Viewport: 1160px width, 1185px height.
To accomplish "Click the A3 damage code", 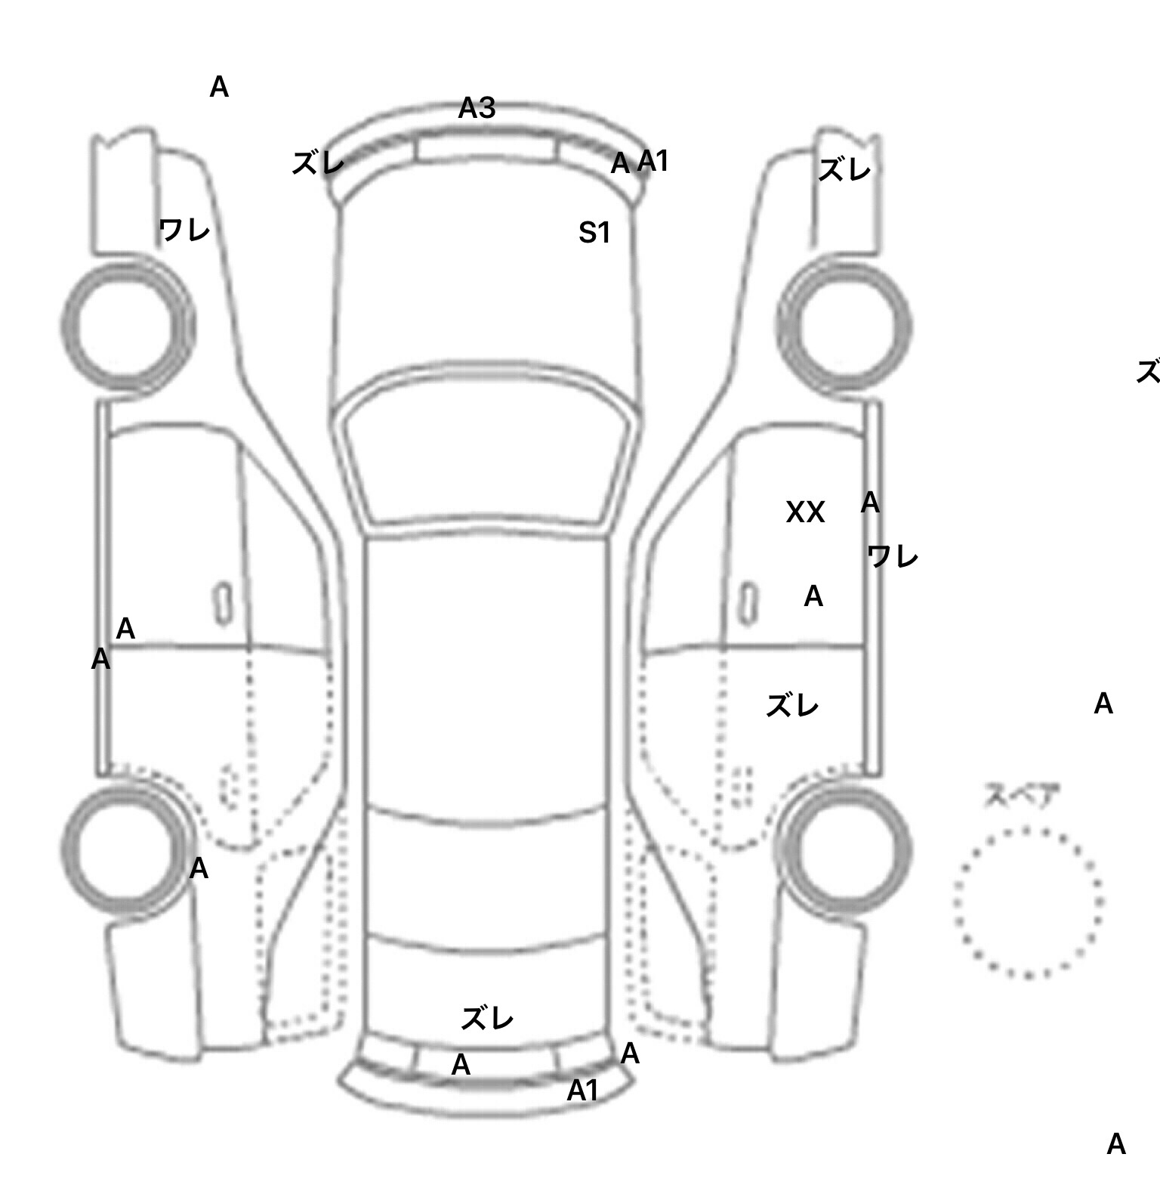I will (x=477, y=109).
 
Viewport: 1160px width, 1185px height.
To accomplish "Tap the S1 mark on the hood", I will (x=594, y=233).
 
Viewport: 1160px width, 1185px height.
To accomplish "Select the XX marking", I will (x=805, y=513).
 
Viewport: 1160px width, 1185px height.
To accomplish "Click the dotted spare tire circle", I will (x=1028, y=902).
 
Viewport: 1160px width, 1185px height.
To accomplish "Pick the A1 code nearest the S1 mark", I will (x=653, y=161).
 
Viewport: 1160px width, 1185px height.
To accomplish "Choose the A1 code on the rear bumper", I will (x=583, y=1091).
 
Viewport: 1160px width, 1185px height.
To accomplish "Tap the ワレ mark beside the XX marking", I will (x=893, y=558).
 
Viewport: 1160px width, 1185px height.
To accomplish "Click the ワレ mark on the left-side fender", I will (x=184, y=230).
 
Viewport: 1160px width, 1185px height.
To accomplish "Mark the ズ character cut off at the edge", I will (x=1149, y=372).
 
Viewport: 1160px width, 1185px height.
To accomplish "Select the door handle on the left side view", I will (x=222, y=604).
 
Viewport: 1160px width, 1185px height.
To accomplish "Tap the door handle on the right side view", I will (x=748, y=604).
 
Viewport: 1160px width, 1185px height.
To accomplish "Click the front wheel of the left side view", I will (x=127, y=325).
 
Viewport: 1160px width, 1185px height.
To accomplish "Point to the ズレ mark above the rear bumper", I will (x=487, y=1019).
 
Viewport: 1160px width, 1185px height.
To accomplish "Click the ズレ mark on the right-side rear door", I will (x=792, y=707).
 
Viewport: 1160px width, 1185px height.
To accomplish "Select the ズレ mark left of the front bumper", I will (x=318, y=163).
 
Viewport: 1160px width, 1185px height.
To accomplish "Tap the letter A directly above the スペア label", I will (x=1103, y=704).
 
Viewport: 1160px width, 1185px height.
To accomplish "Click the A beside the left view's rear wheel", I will (x=199, y=869).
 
